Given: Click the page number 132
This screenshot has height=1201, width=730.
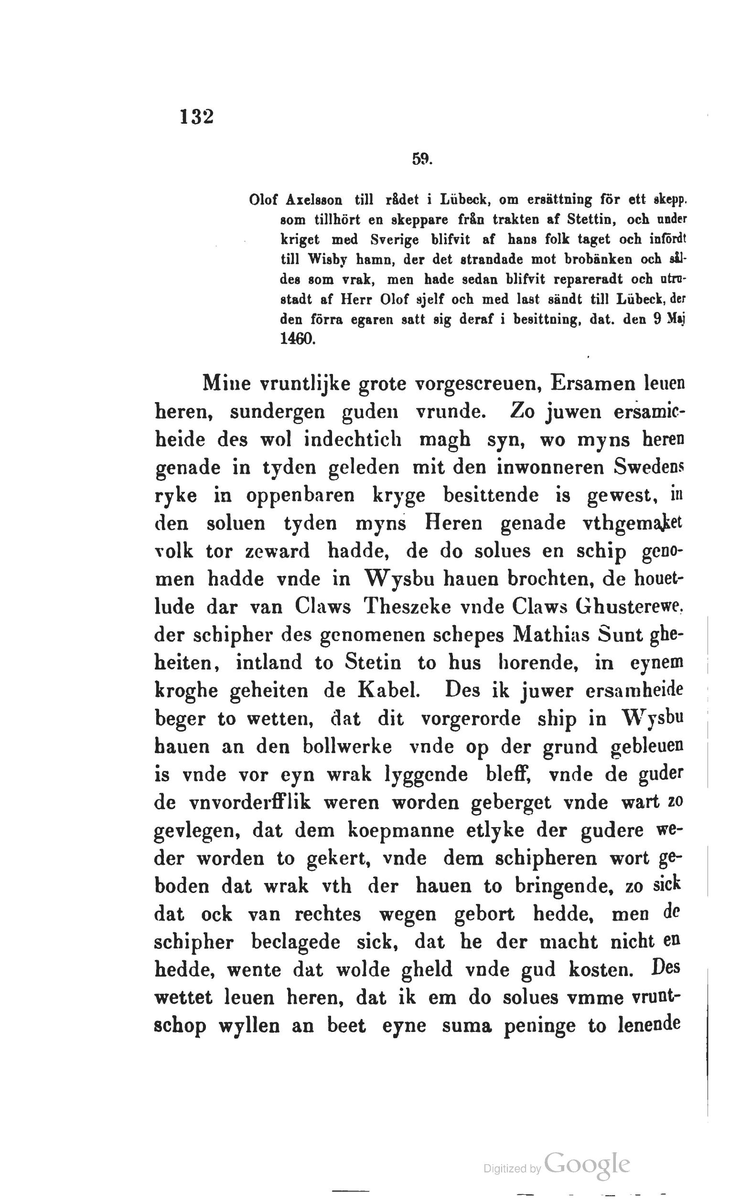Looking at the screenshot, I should (x=196, y=117).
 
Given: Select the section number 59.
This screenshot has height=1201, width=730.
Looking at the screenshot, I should (x=422, y=159).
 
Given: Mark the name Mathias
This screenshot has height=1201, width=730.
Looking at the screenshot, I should (x=552, y=635).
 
